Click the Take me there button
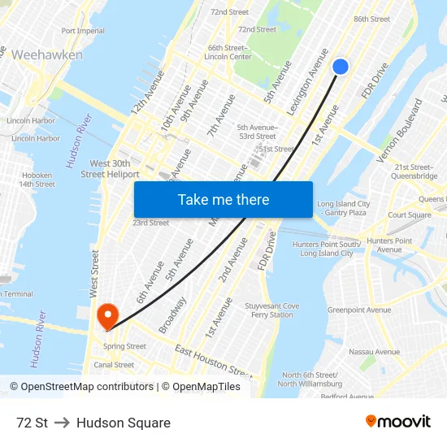point(223,200)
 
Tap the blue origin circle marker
point(341,67)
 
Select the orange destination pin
point(107,315)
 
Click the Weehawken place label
point(47,54)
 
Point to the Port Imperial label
point(83,31)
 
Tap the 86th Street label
point(372,19)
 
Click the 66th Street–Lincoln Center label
point(228,52)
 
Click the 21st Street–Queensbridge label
point(414,171)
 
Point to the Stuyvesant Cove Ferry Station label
point(274,310)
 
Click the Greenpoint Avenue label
point(359,310)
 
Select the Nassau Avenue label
point(374,352)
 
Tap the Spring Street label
point(124,346)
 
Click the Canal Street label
point(114,365)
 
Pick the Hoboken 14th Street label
point(37,180)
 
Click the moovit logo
point(397,421)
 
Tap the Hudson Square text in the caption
point(124,423)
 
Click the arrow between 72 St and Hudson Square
point(63,423)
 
